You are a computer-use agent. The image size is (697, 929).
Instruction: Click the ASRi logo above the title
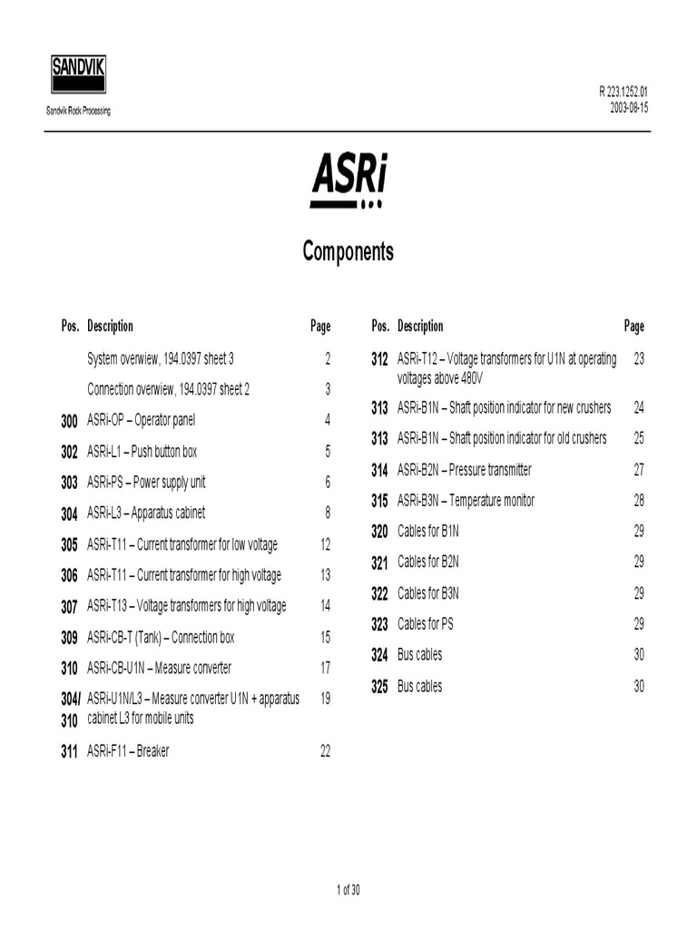(x=348, y=180)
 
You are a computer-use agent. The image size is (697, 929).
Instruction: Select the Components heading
(x=348, y=251)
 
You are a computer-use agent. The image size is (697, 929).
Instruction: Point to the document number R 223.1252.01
(x=623, y=93)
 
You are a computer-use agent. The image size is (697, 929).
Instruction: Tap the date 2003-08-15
(x=629, y=107)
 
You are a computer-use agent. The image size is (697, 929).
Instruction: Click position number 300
(x=69, y=421)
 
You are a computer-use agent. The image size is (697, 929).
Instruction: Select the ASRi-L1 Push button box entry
(x=142, y=452)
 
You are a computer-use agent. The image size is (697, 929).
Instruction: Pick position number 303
(x=69, y=484)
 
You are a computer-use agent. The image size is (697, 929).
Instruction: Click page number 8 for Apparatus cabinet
(x=327, y=513)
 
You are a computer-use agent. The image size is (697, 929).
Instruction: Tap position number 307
(x=69, y=607)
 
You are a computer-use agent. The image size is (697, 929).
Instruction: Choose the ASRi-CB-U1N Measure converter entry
(x=159, y=669)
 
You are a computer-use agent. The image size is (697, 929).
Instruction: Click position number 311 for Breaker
(x=69, y=752)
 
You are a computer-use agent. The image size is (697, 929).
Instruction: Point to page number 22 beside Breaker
(x=325, y=751)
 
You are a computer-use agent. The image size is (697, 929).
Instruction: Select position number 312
(x=379, y=360)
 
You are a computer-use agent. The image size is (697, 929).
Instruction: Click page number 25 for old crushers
(x=639, y=438)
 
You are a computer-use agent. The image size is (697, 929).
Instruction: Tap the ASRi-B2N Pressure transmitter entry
(x=464, y=470)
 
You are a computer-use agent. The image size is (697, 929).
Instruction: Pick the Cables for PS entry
(x=425, y=624)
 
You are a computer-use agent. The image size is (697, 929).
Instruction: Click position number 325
(x=379, y=688)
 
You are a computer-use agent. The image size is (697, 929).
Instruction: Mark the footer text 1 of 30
(x=348, y=890)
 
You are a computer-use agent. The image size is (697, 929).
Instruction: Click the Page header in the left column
(x=320, y=327)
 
